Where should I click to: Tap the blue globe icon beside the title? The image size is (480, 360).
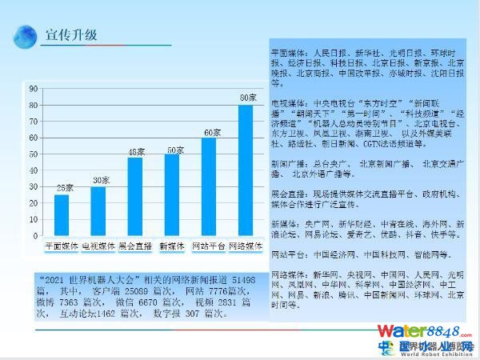(x=28, y=36)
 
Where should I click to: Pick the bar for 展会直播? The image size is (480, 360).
(x=135, y=197)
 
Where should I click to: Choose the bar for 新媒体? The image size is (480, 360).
(x=172, y=195)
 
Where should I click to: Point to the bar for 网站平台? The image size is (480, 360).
(x=208, y=187)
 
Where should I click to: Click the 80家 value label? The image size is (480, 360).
(x=248, y=98)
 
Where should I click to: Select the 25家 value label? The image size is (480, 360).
(x=64, y=187)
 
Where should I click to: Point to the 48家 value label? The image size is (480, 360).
(x=137, y=151)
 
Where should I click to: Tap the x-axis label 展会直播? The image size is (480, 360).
(x=135, y=246)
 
